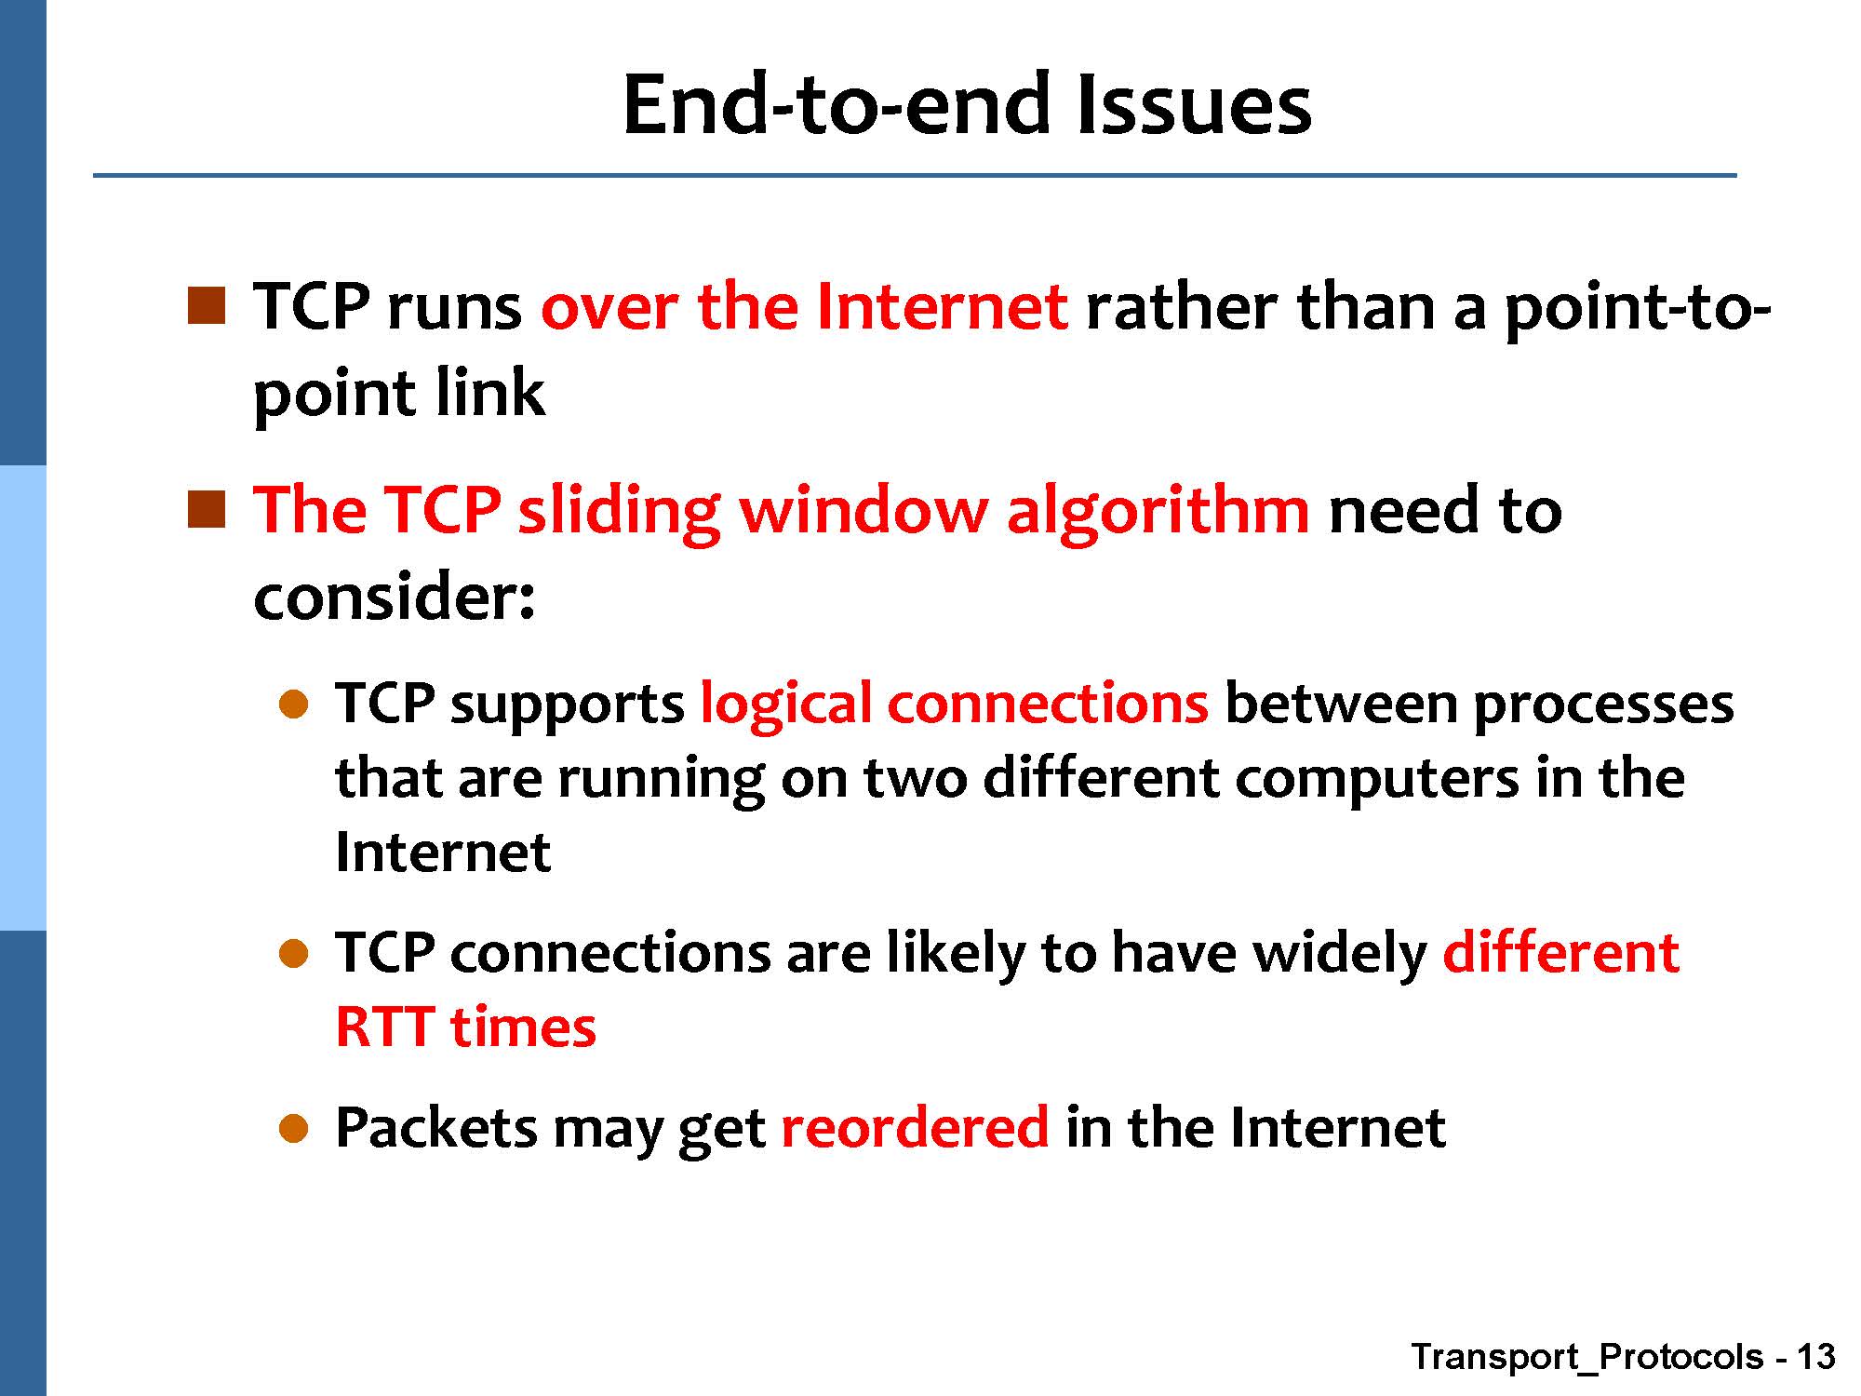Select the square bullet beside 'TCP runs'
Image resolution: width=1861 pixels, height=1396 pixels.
pos(207,306)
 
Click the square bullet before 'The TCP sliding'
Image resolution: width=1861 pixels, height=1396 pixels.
pos(207,510)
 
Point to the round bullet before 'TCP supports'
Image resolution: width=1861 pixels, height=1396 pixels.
pos(293,705)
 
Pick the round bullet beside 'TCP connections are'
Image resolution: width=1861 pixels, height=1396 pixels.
pos(293,954)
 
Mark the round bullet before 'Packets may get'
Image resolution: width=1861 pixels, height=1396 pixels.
pos(293,1129)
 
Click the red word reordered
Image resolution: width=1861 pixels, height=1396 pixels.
pos(916,1127)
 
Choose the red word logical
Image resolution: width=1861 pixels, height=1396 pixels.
pos(785,704)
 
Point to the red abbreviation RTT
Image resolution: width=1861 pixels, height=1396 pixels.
pos(384,1027)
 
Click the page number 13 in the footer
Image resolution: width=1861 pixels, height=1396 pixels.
pos(1815,1357)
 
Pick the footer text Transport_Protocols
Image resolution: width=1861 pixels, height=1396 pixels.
pos(1587,1358)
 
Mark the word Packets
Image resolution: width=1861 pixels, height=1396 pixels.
pos(435,1127)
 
